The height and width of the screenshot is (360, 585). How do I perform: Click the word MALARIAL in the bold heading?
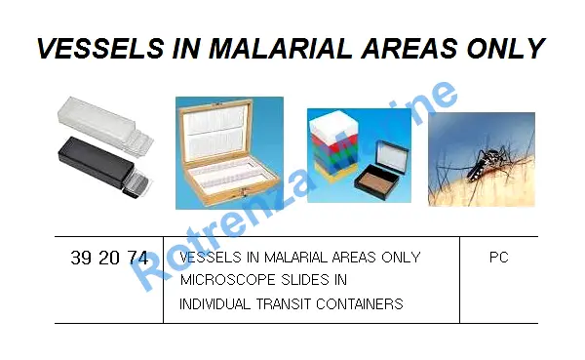(280, 48)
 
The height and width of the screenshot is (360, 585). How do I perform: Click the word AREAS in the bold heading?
(409, 48)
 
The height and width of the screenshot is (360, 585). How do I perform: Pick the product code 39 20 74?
(109, 258)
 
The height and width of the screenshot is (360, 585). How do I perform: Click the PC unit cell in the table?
(499, 258)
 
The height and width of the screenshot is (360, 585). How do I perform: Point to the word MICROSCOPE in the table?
(227, 280)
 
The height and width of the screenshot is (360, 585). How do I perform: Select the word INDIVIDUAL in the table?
(214, 304)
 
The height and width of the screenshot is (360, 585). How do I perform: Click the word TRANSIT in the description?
(283, 304)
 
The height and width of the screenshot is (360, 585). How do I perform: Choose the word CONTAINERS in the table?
(360, 304)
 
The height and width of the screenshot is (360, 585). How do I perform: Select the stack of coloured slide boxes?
(333, 146)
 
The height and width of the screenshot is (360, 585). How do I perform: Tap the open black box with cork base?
(381, 171)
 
